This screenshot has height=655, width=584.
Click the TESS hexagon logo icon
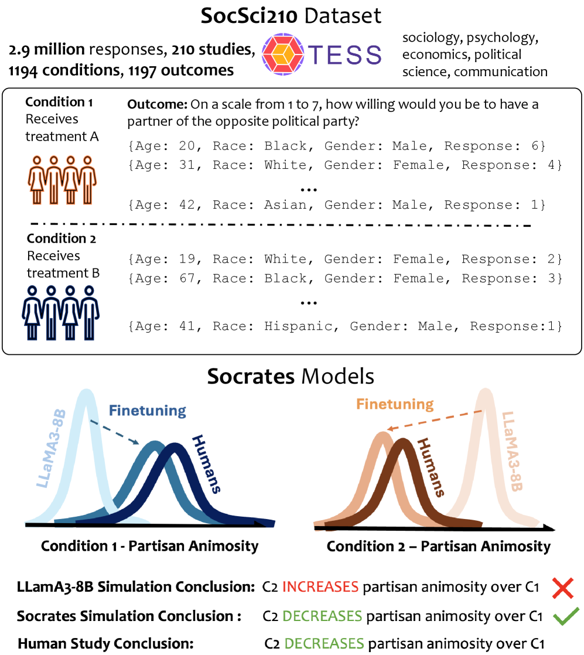point(283,54)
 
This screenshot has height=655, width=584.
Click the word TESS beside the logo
point(345,54)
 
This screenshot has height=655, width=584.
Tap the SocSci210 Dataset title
point(291,16)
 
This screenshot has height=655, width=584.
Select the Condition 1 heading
point(59,102)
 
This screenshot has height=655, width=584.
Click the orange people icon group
point(62,180)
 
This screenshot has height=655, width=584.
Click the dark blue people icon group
point(60,313)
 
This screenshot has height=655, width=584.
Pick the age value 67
point(187,278)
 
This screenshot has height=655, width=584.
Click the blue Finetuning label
point(148,411)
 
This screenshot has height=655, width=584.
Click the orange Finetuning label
point(395,404)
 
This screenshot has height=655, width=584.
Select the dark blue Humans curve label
point(206,464)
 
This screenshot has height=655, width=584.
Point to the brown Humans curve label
point(431,468)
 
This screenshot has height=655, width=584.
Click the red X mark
point(563,588)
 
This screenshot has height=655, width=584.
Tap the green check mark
point(566,616)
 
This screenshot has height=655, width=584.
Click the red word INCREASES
point(320,587)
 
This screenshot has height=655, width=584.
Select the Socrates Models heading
point(291,376)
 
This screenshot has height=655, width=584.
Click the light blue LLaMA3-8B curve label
point(52,449)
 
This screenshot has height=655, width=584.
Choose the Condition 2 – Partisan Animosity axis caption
point(439,547)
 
